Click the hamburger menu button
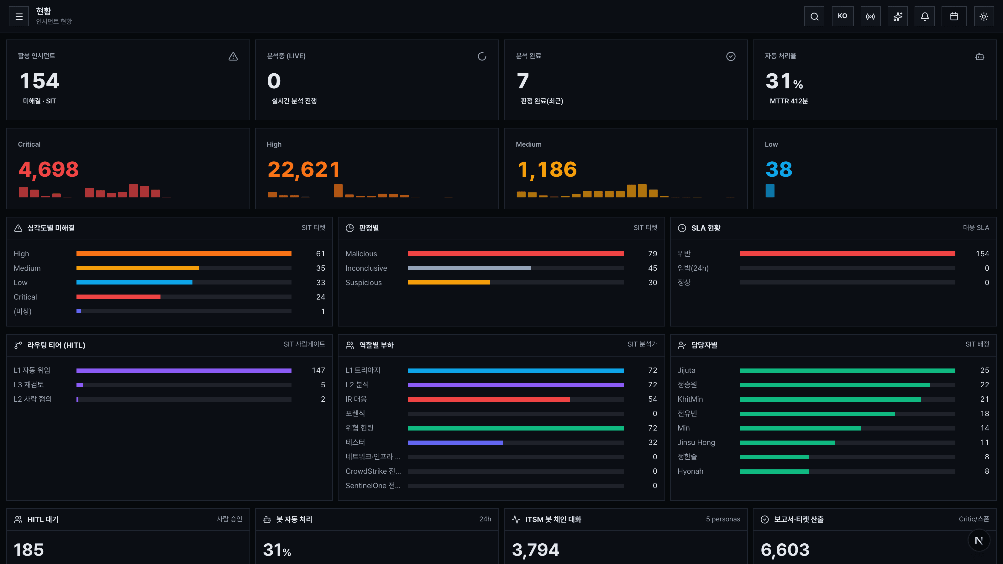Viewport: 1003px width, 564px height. (19, 16)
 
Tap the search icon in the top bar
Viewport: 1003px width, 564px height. (814, 16)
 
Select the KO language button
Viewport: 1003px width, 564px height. (843, 16)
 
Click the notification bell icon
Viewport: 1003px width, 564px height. (925, 16)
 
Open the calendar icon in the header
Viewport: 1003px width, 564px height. (954, 16)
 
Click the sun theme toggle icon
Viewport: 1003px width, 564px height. (984, 16)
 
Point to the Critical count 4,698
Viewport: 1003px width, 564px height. (49, 169)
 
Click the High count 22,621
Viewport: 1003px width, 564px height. (304, 169)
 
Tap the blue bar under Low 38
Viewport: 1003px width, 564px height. (770, 191)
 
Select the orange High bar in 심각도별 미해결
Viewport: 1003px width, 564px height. (184, 254)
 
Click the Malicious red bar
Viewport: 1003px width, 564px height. (516, 254)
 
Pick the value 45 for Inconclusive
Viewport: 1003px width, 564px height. (653, 268)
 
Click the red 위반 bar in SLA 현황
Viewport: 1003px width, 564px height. (848, 254)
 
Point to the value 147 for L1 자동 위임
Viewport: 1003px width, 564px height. (318, 370)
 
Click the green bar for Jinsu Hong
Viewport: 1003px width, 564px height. (787, 442)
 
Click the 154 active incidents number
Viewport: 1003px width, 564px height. (40, 81)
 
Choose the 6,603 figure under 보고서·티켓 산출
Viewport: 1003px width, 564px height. (785, 550)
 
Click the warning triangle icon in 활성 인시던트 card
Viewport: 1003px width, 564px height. (233, 56)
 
